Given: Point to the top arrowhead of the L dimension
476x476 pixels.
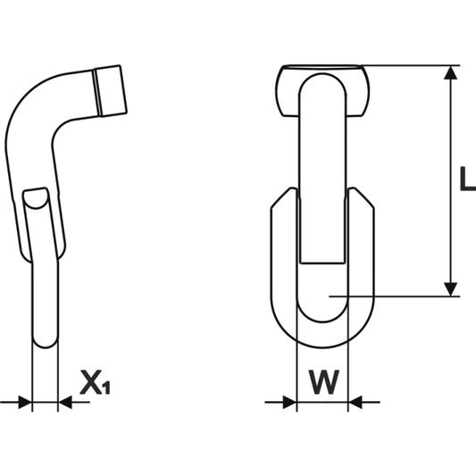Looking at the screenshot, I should click(452, 73).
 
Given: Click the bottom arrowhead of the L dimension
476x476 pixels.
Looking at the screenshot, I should click(452, 288).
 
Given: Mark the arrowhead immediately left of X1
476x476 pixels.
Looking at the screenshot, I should click(65, 404).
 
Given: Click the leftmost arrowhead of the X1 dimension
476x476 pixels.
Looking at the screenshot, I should click(23, 404).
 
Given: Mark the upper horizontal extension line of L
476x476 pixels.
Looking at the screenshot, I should click(411, 65).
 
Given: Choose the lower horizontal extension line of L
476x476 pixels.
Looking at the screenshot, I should click(393, 296).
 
